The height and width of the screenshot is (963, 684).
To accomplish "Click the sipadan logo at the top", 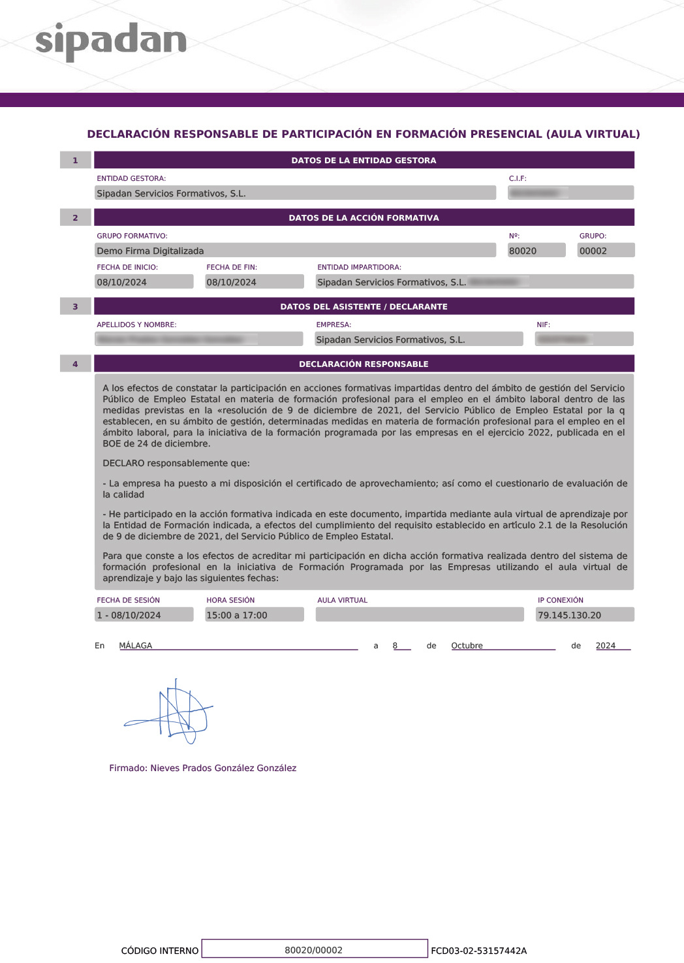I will pos(111,41).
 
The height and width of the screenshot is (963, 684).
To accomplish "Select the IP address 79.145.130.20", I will pos(569,615).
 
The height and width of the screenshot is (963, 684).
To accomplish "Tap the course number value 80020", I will pos(523,251).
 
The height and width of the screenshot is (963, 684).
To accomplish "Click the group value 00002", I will pos(593,251).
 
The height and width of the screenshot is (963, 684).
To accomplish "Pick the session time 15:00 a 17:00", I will pos(237,615).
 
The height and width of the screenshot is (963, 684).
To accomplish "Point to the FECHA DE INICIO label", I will pos(127,267).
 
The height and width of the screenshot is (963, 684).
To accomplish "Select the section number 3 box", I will pos(75,306).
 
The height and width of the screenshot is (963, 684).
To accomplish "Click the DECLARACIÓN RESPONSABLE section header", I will pos(364,364).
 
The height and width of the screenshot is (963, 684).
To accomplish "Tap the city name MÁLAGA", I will pos(136,646).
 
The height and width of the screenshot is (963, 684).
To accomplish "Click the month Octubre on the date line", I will pos(467,646).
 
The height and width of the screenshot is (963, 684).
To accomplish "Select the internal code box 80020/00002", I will pos(314,950).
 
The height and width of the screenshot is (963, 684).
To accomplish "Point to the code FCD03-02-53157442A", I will pos(478,951).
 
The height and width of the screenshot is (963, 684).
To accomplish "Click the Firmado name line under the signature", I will pos(202,768).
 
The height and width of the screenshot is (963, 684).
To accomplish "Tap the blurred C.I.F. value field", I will pos(570,193).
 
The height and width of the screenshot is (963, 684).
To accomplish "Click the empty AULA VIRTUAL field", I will pos(419,615).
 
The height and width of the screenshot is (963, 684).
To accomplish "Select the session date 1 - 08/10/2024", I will pos(129,615).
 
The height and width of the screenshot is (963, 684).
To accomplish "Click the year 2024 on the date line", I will pos(606,646).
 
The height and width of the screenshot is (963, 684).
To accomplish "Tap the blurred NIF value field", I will pos(583,339).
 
